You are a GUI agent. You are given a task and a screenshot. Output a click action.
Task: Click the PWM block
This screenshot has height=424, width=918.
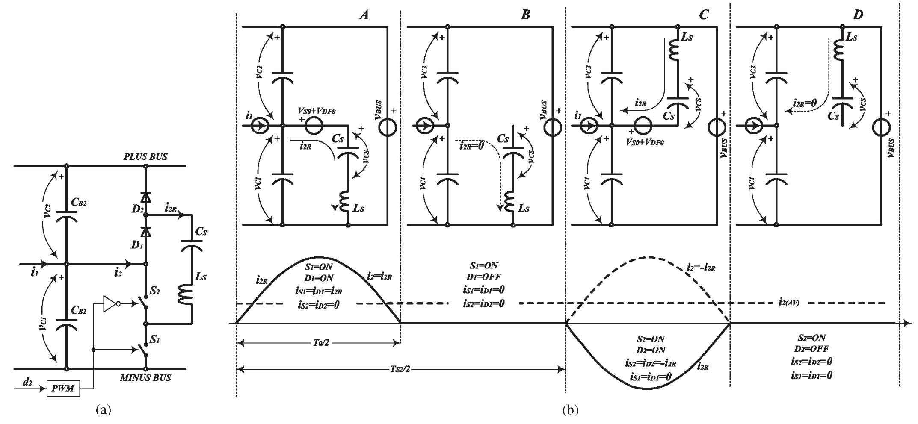tap(63, 389)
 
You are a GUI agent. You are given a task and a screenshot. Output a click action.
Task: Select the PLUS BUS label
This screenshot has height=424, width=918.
tap(145, 157)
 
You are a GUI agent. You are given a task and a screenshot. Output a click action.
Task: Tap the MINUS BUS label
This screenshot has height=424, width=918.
tap(145, 378)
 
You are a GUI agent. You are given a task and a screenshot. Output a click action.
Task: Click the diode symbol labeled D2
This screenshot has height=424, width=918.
tap(146, 197)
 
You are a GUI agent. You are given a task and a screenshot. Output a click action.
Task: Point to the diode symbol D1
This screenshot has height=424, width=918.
tap(146, 231)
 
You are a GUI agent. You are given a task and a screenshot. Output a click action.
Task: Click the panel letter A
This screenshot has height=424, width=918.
tap(364, 15)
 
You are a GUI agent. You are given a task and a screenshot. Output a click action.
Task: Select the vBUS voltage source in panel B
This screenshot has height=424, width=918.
tap(552, 126)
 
